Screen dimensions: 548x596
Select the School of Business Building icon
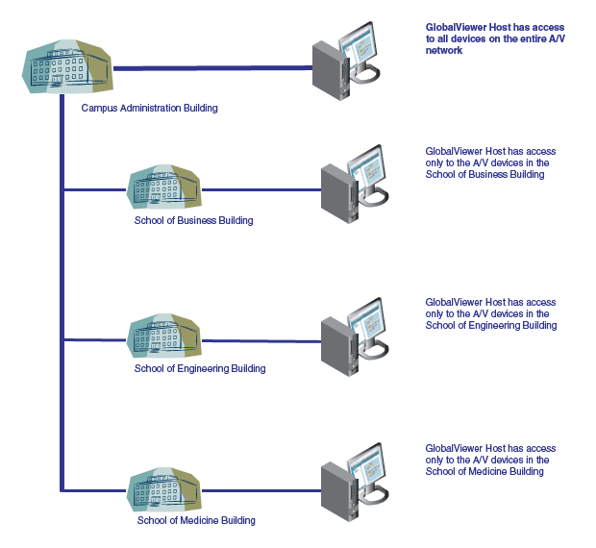pos(165,188)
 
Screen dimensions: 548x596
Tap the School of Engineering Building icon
pos(165,337)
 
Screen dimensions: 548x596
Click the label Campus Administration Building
pos(149,109)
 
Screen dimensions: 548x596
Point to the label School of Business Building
pos(194,221)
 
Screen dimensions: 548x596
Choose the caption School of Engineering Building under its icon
pos(200,368)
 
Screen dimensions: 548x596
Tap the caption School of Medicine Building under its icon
pos(196,521)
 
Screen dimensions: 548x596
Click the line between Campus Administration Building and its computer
pos(211,68)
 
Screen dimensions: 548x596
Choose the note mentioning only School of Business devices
pos(490,163)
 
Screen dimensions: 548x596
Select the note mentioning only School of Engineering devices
pos(490,313)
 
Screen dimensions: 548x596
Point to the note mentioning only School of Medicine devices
pos(490,460)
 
